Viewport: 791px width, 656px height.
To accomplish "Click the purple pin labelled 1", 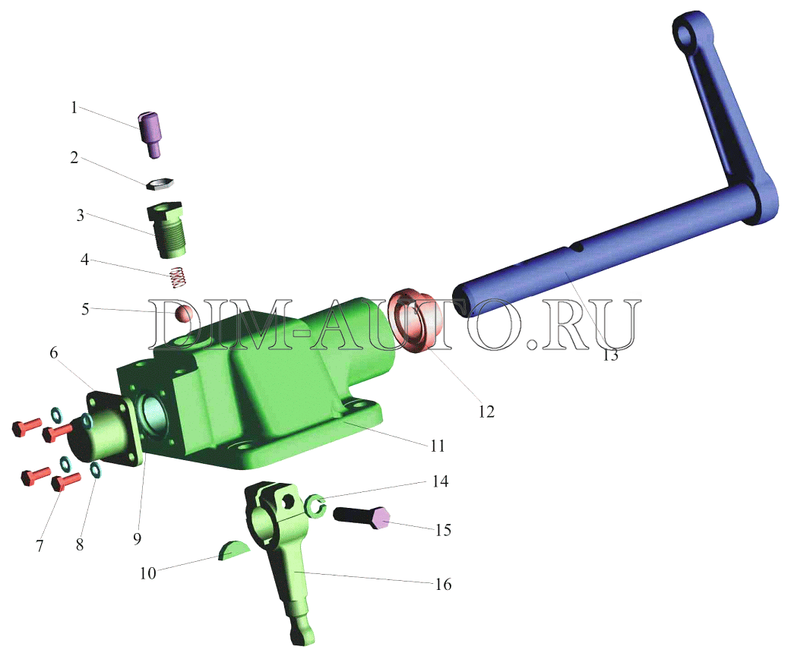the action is [150, 134].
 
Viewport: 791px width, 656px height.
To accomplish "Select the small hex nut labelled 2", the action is [160, 184].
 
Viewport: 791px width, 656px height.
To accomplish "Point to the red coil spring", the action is [176, 277].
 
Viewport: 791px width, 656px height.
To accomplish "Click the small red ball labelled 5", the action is [183, 313].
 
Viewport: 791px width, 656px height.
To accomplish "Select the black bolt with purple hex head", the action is [362, 517].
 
